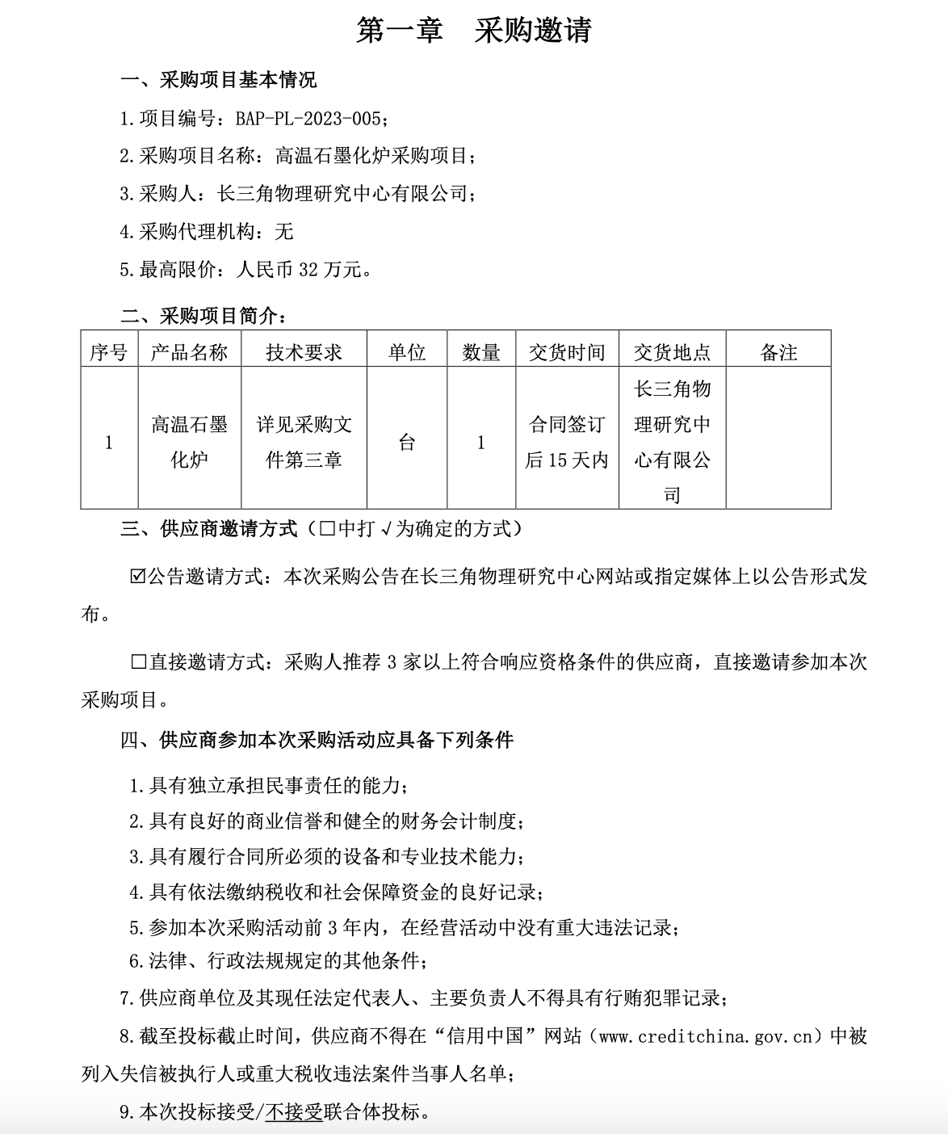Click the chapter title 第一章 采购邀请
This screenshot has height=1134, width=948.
474,30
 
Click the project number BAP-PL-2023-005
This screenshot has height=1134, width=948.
308,119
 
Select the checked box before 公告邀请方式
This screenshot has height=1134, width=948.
137,577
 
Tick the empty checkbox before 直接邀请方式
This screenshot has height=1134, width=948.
137,662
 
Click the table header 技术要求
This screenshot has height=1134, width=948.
304,352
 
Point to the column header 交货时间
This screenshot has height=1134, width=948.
567,352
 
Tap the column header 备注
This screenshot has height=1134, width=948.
778,352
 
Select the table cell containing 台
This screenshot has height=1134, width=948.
406,442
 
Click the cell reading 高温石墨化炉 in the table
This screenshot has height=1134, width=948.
189,442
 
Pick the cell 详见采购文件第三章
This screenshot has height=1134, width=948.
304,442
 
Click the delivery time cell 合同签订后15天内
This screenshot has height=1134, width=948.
567,442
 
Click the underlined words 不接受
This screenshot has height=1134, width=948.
293,1112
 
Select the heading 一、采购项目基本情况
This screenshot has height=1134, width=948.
218,80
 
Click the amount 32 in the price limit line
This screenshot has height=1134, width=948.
308,270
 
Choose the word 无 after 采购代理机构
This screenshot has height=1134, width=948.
284,232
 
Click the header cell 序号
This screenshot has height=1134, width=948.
109,352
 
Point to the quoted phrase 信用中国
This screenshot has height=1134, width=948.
498,1036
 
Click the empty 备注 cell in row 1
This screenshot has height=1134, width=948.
778,442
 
